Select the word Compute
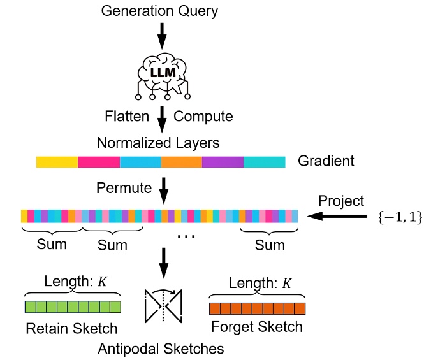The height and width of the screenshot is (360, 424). click(x=203, y=116)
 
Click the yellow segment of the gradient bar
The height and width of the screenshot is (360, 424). click(x=57, y=162)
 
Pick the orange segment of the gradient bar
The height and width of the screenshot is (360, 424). click(x=181, y=162)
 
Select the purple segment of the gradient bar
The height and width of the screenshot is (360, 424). click(x=223, y=162)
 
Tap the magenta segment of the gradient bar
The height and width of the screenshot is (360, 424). click(x=99, y=162)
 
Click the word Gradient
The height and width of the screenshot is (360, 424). click(x=326, y=161)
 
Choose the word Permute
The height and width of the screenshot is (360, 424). click(x=124, y=188)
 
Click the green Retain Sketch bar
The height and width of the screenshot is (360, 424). click(x=73, y=308)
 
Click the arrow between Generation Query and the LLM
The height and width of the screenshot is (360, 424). click(x=162, y=36)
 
